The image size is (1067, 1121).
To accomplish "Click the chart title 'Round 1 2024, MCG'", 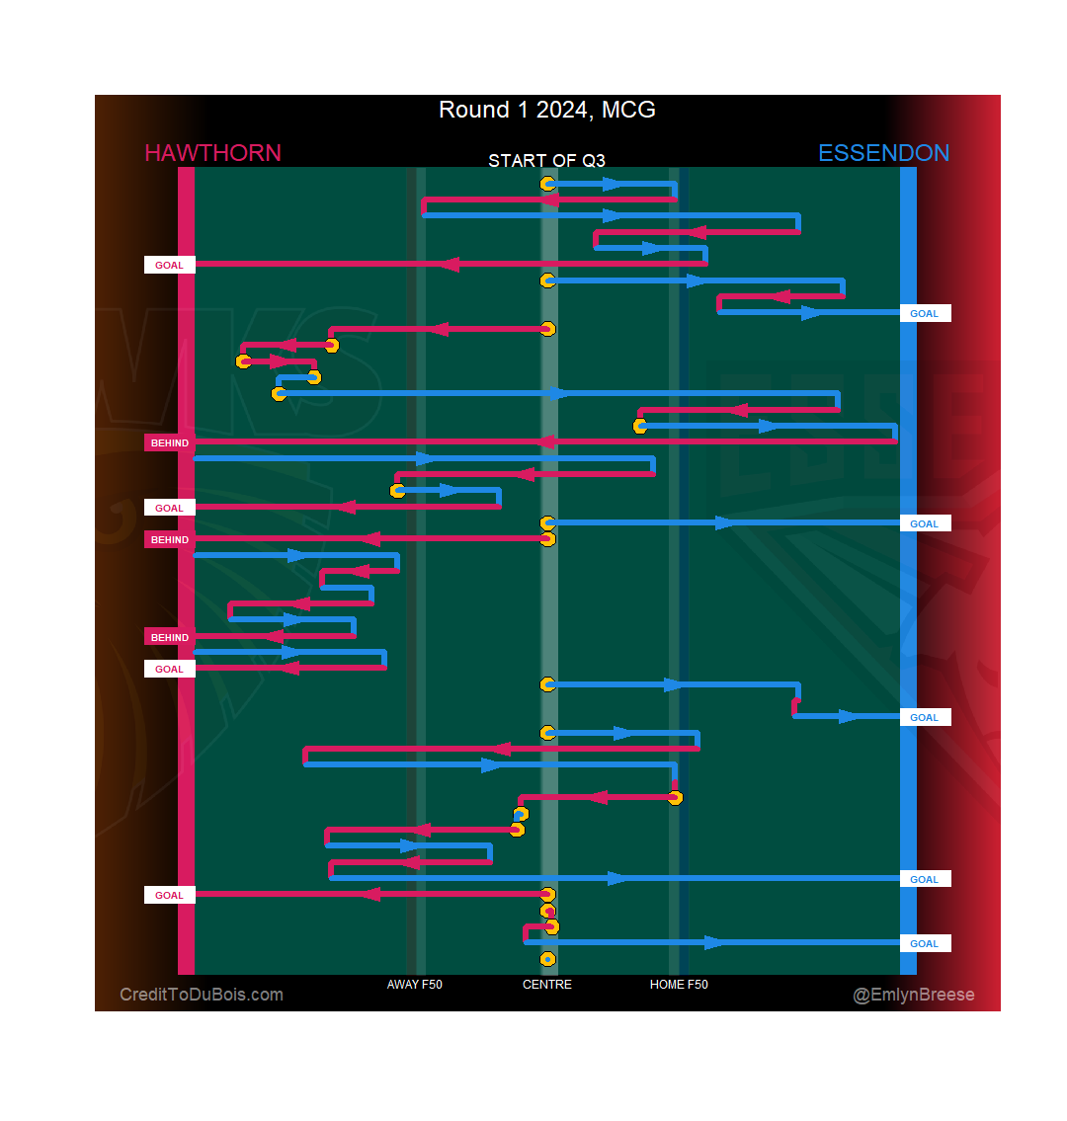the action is (x=546, y=110).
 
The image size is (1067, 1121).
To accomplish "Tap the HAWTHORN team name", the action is (x=212, y=153).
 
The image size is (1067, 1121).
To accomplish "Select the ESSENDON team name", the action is (x=883, y=153).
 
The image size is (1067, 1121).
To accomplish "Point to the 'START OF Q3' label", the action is (x=546, y=160).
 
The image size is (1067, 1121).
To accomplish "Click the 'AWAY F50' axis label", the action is (x=414, y=985).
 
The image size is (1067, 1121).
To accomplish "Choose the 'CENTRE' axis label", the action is (x=546, y=985).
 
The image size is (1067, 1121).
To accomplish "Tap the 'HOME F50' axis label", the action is (x=679, y=985).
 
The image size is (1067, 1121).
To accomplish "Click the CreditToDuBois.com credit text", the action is (x=202, y=995).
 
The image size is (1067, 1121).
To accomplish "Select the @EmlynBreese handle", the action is (x=914, y=995).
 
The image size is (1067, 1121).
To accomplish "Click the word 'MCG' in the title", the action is (x=628, y=110).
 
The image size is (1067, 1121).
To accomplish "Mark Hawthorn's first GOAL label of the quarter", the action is (x=170, y=265).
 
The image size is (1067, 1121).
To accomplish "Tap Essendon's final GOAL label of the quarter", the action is (x=925, y=944).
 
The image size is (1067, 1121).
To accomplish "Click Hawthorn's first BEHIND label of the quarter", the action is (x=170, y=443).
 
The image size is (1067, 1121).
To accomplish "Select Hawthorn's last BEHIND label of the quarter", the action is (x=170, y=638).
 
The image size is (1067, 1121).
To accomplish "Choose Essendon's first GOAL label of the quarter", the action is (x=925, y=314).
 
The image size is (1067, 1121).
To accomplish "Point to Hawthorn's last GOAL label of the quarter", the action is (x=170, y=896).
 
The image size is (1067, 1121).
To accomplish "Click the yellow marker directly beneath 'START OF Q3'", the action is (x=547, y=184).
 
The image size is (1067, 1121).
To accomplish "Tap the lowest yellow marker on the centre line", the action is (x=547, y=959).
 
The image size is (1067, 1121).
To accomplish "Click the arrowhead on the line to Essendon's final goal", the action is (x=713, y=943).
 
